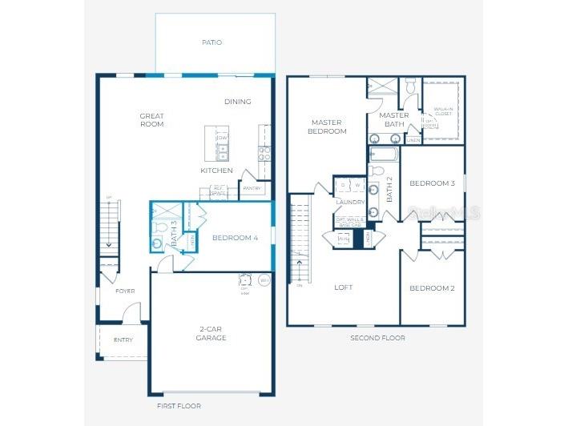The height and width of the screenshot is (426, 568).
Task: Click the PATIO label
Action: click(x=212, y=42)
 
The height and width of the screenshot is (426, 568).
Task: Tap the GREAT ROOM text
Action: click(x=151, y=120)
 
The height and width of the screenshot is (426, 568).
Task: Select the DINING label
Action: click(x=238, y=102)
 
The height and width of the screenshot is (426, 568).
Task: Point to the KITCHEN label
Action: click(x=216, y=171)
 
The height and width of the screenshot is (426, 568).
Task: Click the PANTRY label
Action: click(x=252, y=188)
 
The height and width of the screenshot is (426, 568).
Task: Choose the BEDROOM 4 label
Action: click(x=235, y=238)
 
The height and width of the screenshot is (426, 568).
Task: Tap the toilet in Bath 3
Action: click(x=158, y=243)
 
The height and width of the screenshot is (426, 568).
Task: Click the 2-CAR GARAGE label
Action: click(x=212, y=333)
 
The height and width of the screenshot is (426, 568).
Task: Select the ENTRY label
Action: click(x=123, y=340)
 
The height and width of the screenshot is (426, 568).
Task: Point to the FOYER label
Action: click(x=125, y=291)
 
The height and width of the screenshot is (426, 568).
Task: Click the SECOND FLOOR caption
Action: click(x=377, y=338)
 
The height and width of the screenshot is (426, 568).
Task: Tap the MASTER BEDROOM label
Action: click(x=328, y=127)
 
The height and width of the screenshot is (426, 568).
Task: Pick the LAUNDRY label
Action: click(x=350, y=203)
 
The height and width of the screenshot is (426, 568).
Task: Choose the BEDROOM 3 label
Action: click(x=432, y=183)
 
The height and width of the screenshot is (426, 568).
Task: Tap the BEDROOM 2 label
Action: click(x=432, y=287)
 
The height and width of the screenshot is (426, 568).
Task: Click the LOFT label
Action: click(x=343, y=287)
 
